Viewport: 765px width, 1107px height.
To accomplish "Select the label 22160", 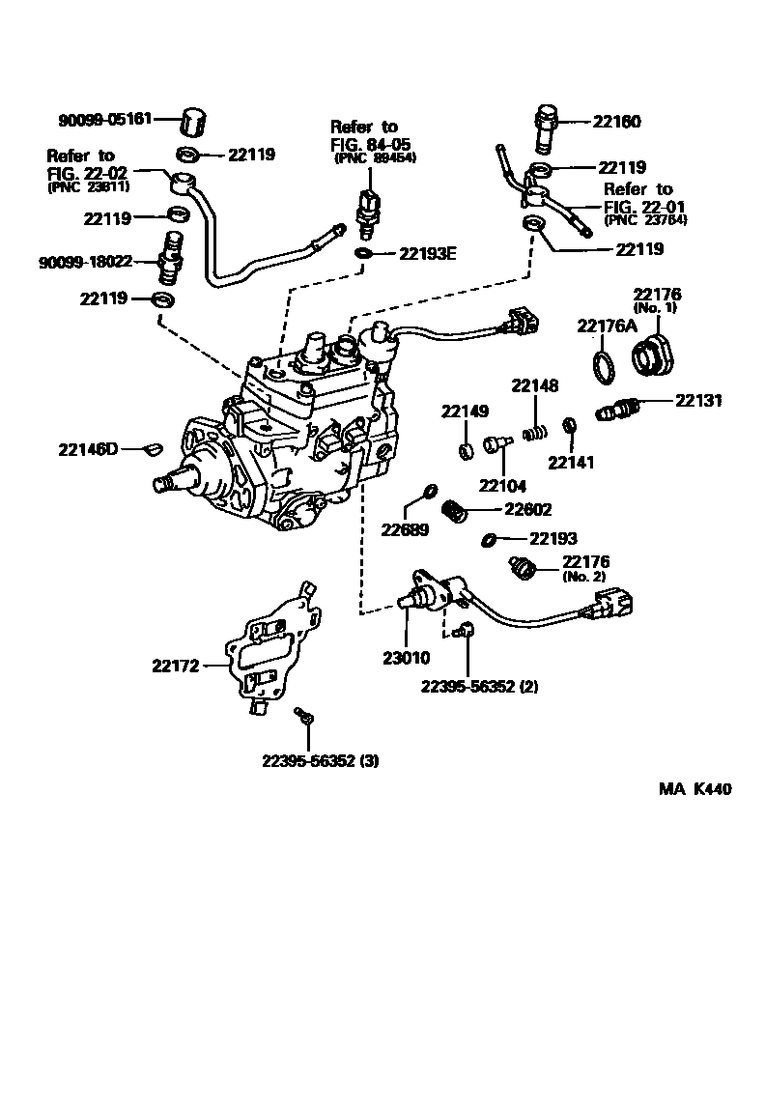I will (x=616, y=123).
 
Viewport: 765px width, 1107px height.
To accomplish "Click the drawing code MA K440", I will (x=694, y=789).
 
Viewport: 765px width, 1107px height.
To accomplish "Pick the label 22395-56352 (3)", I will (x=320, y=760).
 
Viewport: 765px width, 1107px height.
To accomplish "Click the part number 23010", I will (x=404, y=658).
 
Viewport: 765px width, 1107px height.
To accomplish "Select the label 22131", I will (x=698, y=400).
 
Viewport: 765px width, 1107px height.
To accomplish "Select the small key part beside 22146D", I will (x=152, y=447).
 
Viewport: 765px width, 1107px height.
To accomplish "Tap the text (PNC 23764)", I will (x=645, y=221).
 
